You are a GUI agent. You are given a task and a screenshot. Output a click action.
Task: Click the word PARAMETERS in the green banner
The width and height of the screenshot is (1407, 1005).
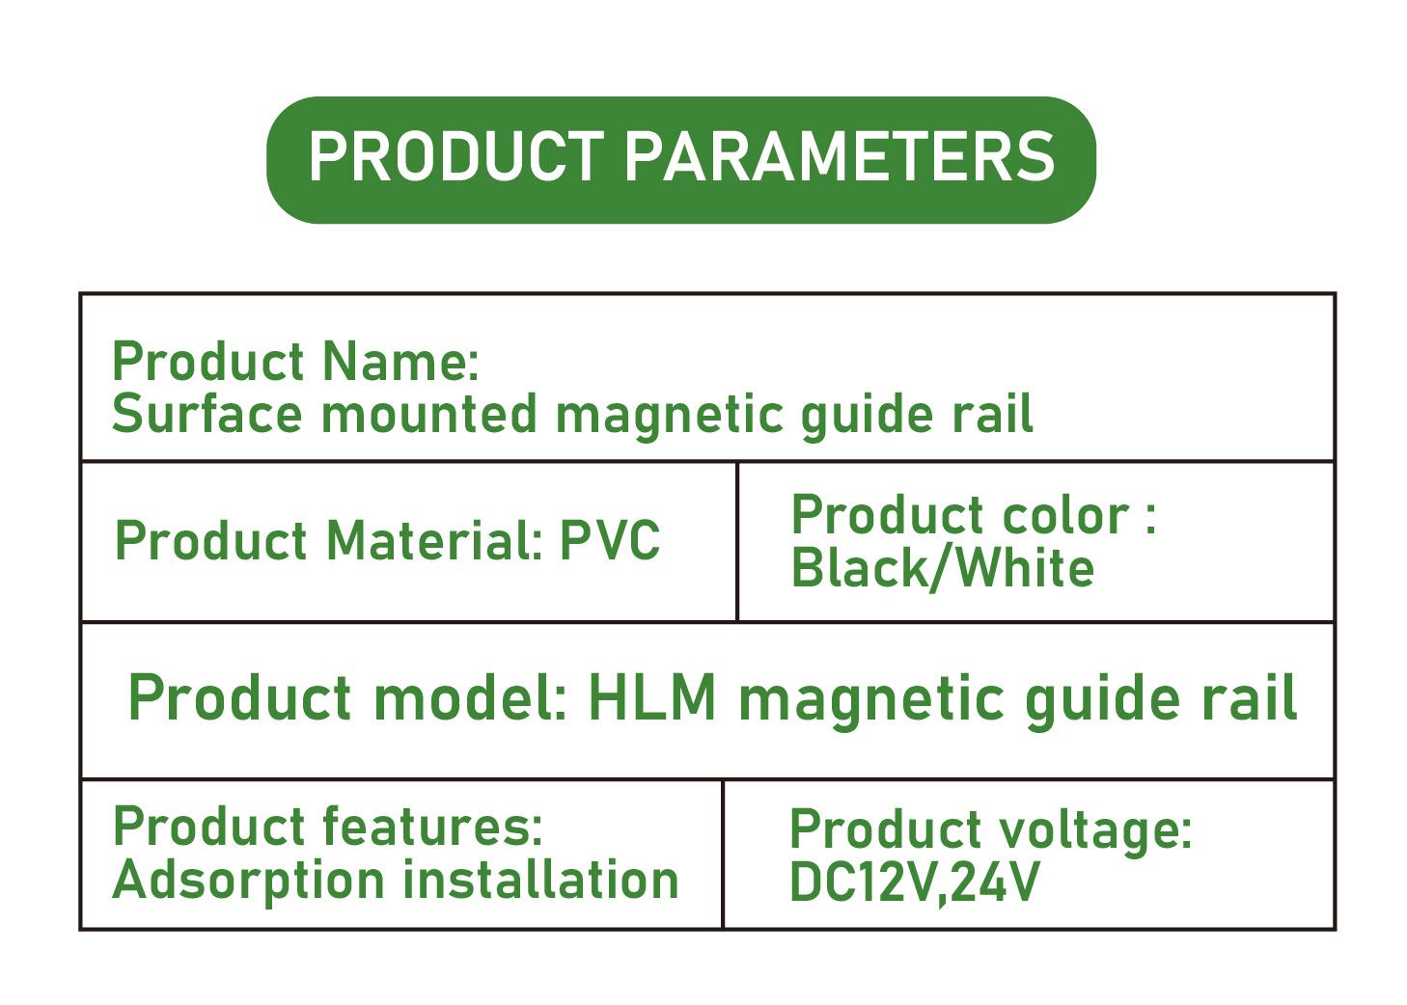point(840,157)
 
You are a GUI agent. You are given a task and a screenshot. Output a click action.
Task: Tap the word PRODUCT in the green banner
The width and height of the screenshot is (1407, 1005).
point(456,157)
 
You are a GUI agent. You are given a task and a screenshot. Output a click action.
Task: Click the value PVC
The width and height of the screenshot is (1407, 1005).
point(610,540)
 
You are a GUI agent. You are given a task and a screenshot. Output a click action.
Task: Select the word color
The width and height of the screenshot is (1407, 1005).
point(1066,516)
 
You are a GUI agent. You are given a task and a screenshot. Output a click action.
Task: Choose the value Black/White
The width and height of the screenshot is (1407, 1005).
point(943,569)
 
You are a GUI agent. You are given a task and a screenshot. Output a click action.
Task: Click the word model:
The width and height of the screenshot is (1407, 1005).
point(471,697)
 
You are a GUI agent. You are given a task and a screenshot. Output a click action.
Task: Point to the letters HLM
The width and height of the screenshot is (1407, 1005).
point(652,697)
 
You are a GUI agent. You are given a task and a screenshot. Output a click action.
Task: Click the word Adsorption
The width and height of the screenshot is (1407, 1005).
point(249,882)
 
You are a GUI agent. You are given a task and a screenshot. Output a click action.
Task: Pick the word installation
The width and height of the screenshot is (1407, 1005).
point(540,880)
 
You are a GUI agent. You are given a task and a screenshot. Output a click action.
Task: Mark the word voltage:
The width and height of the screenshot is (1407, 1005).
point(1095,831)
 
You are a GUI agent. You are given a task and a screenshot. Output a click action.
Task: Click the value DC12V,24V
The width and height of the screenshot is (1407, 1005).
point(915,883)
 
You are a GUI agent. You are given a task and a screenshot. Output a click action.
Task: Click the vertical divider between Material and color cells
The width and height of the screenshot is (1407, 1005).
point(736,542)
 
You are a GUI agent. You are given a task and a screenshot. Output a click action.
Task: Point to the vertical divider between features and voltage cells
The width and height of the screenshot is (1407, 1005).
point(723,854)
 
